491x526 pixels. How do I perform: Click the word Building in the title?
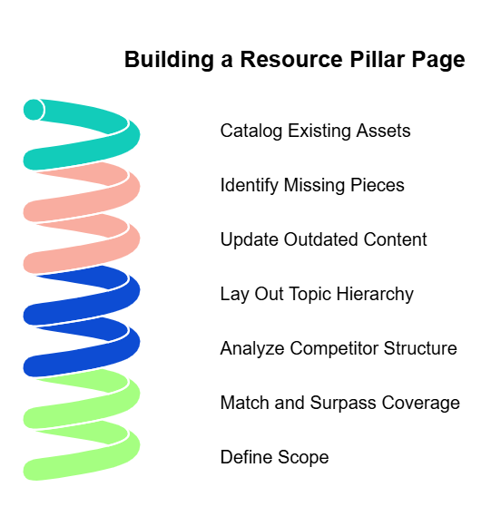coord(169,60)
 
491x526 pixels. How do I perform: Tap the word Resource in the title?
coord(292,59)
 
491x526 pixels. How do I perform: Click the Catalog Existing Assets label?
coord(315,131)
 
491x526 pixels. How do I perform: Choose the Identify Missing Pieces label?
coord(312,185)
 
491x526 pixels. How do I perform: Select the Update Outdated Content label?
coord(323,239)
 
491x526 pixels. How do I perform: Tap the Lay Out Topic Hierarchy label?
coord(317,294)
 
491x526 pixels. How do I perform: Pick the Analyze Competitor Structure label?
coord(339,348)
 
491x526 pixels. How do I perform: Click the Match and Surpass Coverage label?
coord(340,403)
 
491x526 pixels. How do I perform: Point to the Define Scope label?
coord(274,457)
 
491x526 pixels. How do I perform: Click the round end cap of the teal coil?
coord(34,110)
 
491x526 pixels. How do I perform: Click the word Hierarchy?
coord(375,294)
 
